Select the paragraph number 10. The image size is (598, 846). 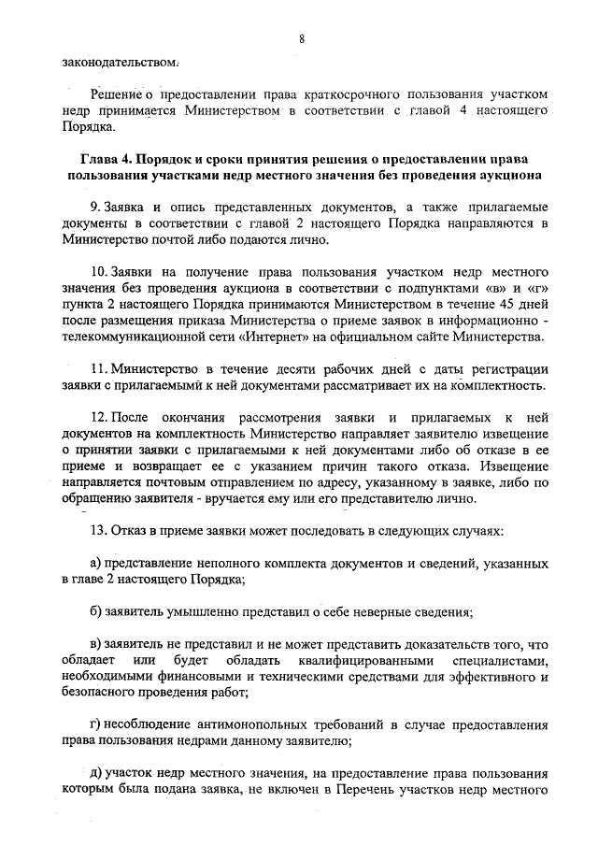(97, 271)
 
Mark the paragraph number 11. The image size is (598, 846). (96, 368)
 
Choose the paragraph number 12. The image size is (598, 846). (97, 418)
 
